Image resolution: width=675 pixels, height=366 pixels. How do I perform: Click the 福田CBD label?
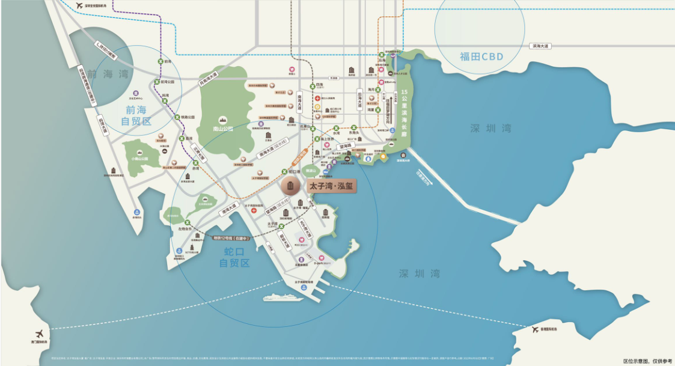481,57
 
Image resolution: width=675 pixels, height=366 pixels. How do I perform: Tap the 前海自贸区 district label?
135,115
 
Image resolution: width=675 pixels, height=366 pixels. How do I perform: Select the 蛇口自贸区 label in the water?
234,257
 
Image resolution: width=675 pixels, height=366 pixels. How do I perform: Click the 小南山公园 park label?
139,159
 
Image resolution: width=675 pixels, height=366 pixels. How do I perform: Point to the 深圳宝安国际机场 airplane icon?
79,6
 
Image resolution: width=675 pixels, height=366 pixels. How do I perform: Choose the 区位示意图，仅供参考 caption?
647,361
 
